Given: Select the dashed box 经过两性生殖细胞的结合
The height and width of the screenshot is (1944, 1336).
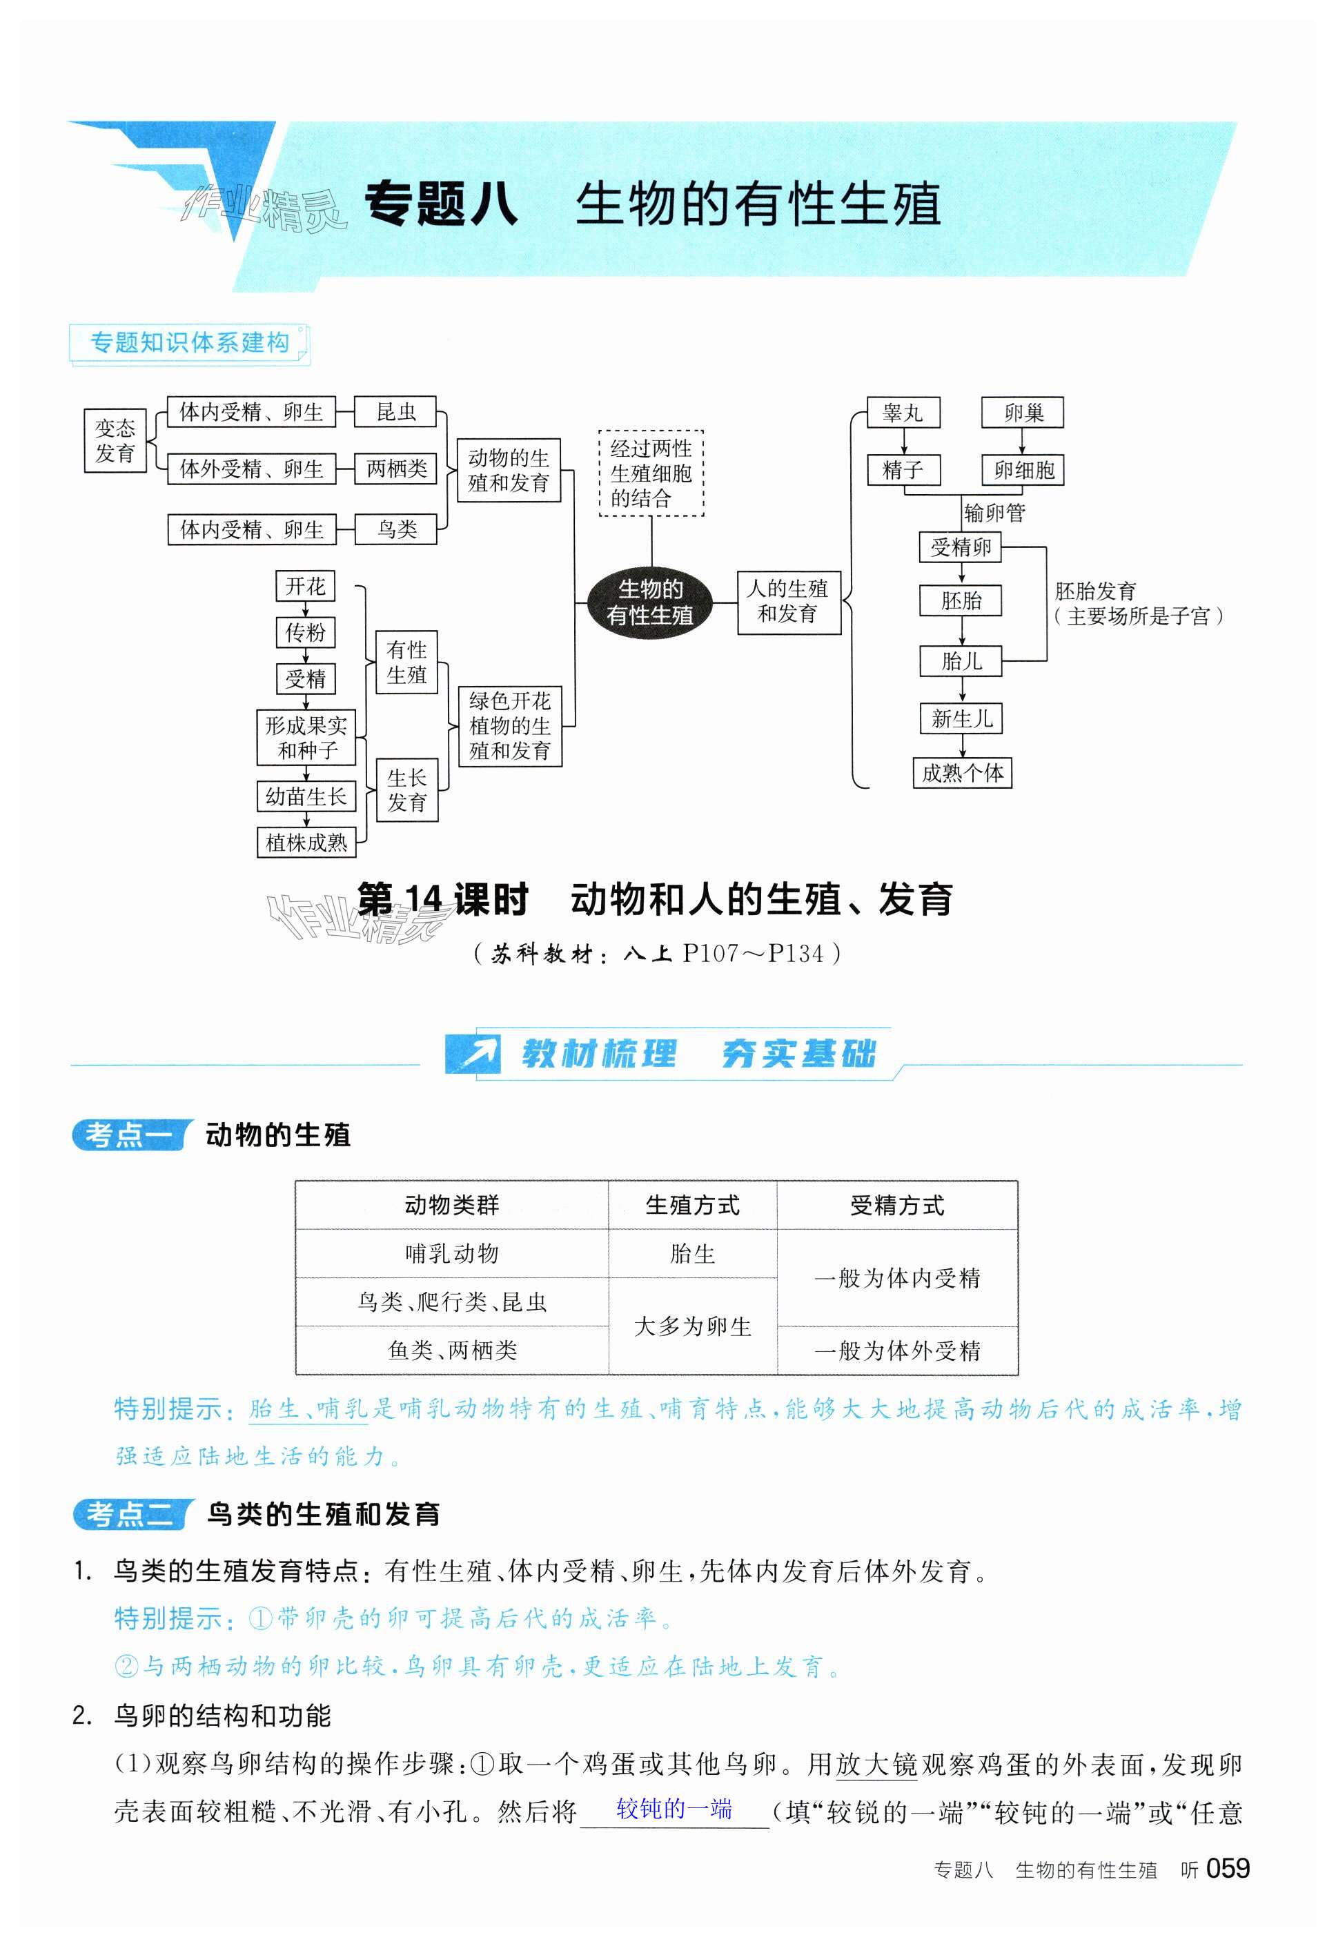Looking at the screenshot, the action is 651,473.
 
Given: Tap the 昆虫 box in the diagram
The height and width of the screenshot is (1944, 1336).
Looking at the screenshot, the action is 395,412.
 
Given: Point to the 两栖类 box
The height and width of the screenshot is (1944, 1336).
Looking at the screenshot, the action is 396,469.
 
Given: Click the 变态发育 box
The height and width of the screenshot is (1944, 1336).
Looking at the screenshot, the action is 115,441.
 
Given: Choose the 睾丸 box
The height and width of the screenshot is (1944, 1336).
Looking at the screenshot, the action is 903,413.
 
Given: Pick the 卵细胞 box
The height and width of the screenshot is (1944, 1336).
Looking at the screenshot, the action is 1023,471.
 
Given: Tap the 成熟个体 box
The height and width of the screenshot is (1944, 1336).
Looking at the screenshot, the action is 962,772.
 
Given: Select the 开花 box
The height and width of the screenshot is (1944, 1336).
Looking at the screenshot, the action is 305,586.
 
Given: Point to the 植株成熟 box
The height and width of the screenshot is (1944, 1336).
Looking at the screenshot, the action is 306,842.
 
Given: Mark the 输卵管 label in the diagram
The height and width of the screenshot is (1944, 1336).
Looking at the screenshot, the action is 994,512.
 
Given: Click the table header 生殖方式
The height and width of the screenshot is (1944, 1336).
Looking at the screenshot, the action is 692,1205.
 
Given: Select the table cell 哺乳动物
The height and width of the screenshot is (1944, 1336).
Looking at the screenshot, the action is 451,1254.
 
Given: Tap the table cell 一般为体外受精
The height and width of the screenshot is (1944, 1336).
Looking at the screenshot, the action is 896,1350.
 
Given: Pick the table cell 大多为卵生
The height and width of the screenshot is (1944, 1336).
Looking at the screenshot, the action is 692,1326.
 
